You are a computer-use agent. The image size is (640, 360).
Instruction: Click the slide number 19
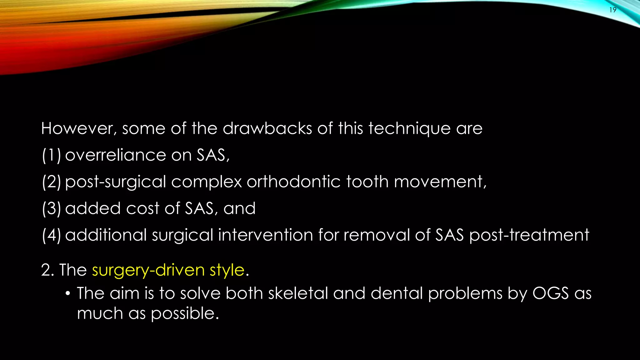[x=613, y=10]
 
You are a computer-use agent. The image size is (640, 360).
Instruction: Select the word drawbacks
[x=267, y=128]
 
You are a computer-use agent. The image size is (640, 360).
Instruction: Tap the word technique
[x=409, y=128]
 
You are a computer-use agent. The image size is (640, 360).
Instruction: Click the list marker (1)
[x=52, y=155]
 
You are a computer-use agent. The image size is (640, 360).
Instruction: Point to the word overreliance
[x=115, y=155]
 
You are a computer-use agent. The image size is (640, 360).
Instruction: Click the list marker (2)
[x=52, y=182]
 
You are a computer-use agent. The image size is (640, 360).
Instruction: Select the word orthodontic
[x=293, y=182]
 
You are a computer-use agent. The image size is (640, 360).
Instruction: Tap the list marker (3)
[x=52, y=208]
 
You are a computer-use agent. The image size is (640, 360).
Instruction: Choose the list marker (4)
[x=52, y=235]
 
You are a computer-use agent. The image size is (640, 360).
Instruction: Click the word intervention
[x=265, y=235]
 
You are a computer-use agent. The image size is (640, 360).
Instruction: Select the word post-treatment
[x=529, y=235]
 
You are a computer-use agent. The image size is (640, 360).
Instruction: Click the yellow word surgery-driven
[x=148, y=270]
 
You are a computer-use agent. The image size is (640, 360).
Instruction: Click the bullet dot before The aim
[x=67, y=294]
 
